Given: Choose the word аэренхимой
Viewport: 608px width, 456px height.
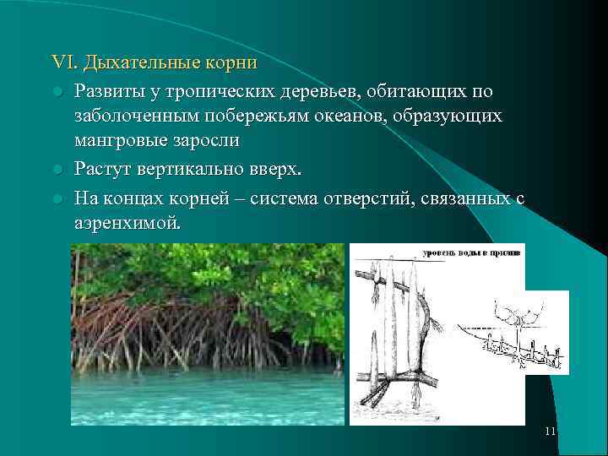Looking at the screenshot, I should point(127,225).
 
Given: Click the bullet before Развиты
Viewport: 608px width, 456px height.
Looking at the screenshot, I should point(57,91).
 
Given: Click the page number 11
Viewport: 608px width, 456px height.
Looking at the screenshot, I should point(550,432).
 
